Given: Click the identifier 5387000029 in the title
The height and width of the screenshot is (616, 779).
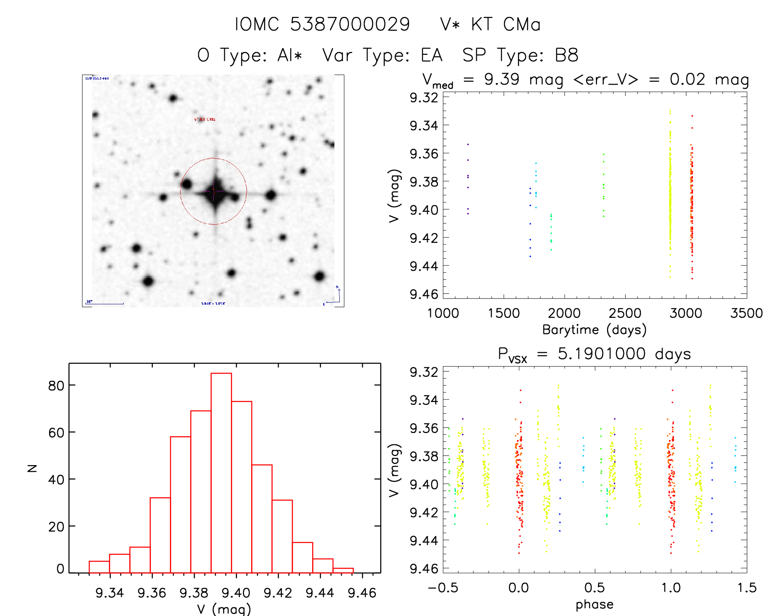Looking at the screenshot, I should pos(350,24).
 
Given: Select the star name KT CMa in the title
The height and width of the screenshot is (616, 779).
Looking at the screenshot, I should pos(506,24).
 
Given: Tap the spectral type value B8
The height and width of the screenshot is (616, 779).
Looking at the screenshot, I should pos(567,55).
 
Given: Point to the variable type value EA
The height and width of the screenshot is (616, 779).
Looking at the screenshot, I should pos(431,55).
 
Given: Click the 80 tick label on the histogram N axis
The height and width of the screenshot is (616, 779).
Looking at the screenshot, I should pos(56,386).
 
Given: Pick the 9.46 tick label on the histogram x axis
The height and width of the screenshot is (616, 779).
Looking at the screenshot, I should pos(362,593).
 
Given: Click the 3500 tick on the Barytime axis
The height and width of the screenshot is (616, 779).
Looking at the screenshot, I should pos(746,313).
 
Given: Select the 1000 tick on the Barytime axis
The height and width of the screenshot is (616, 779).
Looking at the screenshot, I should pos(443,313).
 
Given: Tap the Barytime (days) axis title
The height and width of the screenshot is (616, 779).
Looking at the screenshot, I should pos(594,330).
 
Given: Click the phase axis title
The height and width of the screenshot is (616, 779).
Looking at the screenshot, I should pos(594,604).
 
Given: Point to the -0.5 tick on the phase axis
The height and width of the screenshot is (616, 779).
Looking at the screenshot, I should pos(443,588).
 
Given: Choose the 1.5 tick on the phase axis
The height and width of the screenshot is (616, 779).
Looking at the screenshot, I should pos(747,588).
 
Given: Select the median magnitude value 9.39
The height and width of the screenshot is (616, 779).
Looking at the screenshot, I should pos(501,79).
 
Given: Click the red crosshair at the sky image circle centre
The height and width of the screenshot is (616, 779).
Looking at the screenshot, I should pos(214,191).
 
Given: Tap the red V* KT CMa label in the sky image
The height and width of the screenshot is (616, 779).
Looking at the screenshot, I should pos(205,119).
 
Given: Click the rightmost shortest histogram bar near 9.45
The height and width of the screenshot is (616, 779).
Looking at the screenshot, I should pos(343,571).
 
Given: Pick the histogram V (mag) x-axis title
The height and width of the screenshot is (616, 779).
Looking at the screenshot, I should pos(224,609).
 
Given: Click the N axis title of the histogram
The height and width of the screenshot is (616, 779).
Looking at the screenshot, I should pos(32,468).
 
